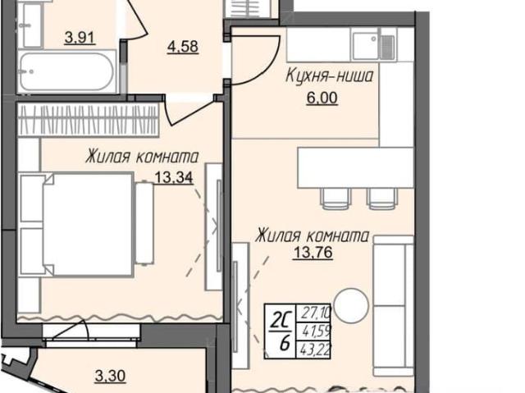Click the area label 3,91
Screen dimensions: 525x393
(x=80, y=37)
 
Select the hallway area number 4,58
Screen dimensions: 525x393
(x=183, y=46)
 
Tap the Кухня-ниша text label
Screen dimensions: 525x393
(x=329, y=75)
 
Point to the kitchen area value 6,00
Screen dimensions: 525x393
(x=322, y=98)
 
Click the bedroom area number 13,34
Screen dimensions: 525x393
(x=174, y=177)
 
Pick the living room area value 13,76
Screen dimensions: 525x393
(x=313, y=253)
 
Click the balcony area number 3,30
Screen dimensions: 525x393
(x=110, y=376)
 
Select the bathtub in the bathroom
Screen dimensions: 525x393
(x=67, y=71)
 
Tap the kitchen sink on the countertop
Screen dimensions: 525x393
(x=374, y=44)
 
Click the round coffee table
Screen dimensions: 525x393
(x=351, y=305)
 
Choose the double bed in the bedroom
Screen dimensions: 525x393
(x=86, y=224)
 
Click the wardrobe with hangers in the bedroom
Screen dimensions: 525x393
(x=88, y=120)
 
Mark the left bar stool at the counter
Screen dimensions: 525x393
(x=336, y=199)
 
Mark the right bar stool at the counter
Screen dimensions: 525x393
(x=381, y=199)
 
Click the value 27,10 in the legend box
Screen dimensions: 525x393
(x=316, y=313)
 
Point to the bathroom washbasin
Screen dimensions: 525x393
(x=30, y=25)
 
